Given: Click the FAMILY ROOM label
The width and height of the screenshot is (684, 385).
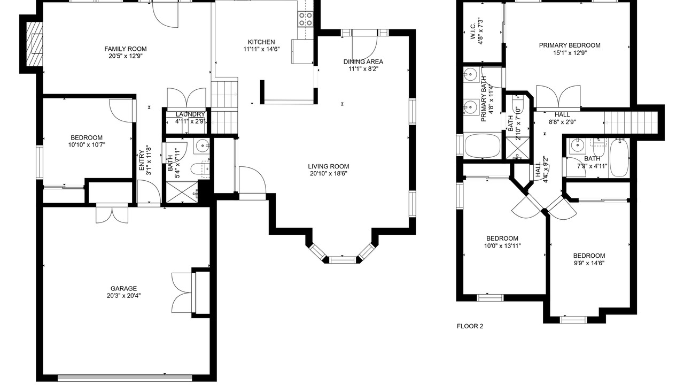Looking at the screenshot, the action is coord(126,49).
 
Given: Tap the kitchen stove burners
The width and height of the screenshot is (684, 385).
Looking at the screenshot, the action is coord(306,19).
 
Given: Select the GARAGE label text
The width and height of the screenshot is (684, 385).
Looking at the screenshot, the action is coord(123,288).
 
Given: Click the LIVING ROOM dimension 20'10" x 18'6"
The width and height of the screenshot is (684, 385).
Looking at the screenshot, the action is coord(328,174).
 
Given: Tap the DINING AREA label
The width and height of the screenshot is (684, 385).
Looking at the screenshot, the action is coord(363,61).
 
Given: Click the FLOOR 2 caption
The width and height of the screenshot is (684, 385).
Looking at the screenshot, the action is coord(470,326).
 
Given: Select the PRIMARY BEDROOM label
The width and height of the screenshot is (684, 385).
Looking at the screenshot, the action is coord(570,45).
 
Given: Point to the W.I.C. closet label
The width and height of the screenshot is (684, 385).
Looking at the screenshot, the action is coord(472,32).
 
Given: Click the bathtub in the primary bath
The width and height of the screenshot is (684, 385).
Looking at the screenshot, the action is coord(483,146).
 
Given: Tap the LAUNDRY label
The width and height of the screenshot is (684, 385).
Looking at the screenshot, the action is coord(190,114).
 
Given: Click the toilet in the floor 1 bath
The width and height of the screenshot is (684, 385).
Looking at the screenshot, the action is coord(200,168).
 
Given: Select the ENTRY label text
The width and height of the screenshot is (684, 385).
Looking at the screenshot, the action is coord(142,160).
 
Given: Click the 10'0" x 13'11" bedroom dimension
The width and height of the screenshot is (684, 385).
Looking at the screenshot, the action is coord(502,245).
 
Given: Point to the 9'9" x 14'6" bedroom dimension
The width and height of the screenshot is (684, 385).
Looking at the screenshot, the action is coord(589,263).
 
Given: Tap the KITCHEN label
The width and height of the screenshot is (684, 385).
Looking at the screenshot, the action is coord(261,42).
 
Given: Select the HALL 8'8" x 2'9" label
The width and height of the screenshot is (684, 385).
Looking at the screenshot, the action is coord(562,118).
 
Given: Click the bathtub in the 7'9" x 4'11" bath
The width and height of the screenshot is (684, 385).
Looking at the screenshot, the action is coord(619,158).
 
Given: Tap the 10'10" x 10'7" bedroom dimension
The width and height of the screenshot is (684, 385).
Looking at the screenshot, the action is coord(87,145).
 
